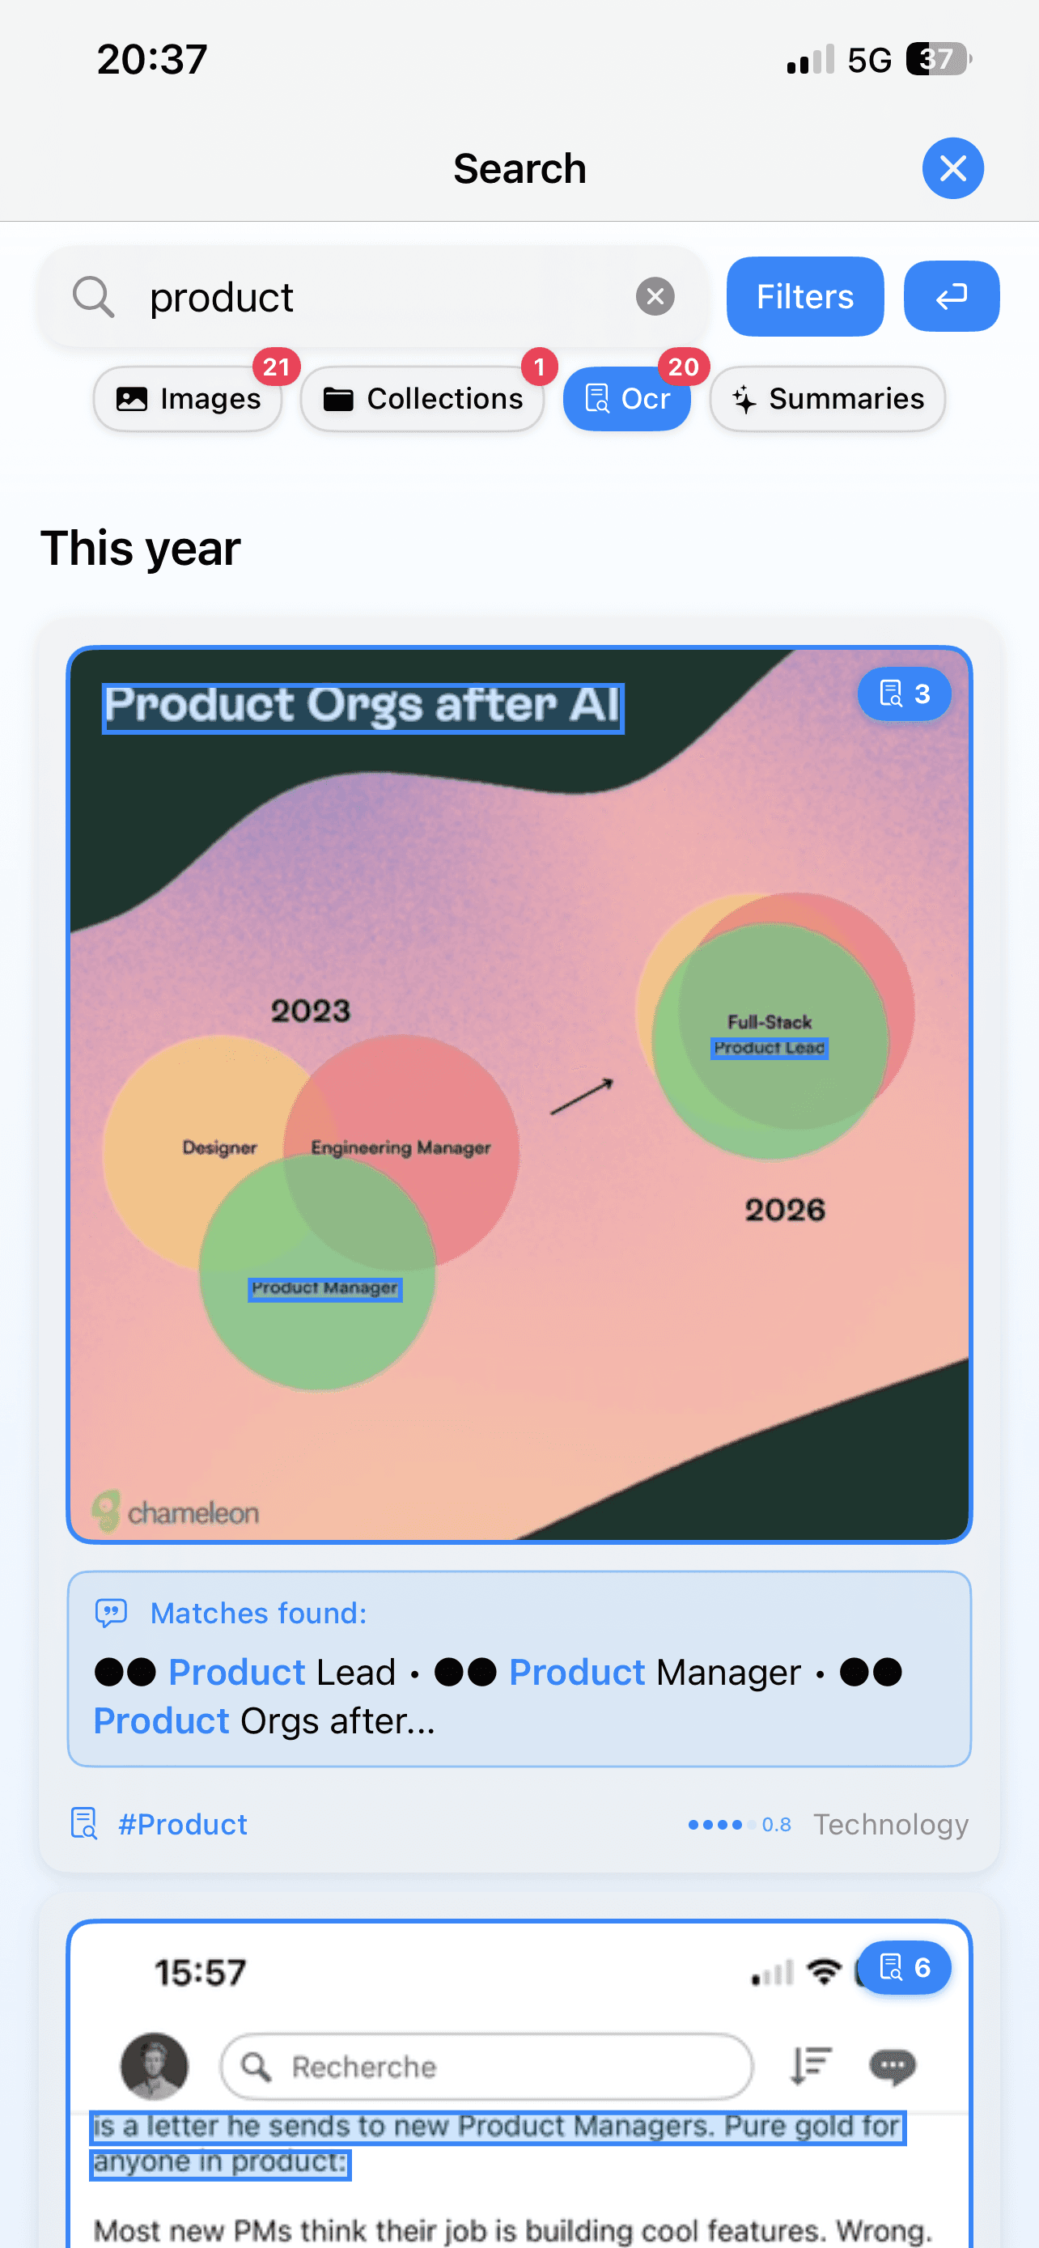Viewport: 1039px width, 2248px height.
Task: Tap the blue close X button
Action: [x=952, y=168]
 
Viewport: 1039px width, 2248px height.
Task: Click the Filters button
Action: [x=804, y=297]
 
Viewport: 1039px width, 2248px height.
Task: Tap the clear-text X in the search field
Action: [x=655, y=297]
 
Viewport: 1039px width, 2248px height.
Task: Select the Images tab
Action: [x=188, y=399]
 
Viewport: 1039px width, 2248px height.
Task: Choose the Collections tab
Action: [x=423, y=399]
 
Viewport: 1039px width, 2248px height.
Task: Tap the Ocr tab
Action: [x=627, y=399]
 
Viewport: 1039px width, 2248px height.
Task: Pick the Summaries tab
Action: [x=827, y=399]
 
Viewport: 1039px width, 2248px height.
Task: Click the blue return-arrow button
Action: [x=951, y=297]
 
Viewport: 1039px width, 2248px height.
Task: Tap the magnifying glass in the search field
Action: [x=93, y=297]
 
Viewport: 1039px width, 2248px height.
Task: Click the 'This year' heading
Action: [x=141, y=548]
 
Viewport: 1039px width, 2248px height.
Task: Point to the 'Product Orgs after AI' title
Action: [x=363, y=707]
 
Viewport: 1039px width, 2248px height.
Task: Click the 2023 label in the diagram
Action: [x=311, y=1012]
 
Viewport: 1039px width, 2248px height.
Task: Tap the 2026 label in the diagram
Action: [x=784, y=1210]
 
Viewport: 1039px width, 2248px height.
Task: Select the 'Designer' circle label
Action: [x=220, y=1147]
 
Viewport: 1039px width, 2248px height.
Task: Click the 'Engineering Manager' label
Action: [x=401, y=1147]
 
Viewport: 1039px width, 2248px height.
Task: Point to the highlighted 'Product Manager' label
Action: [x=324, y=1288]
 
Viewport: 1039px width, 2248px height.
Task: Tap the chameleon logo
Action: [x=176, y=1512]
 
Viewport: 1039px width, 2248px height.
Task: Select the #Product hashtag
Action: [x=182, y=1825]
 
